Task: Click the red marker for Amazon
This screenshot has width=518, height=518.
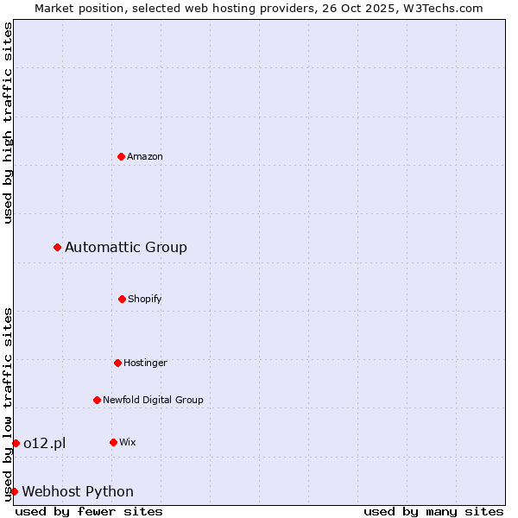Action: point(121,156)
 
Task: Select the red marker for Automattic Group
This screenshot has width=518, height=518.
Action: point(58,248)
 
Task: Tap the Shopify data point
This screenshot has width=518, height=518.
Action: point(122,299)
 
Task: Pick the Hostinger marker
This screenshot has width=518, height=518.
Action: point(117,363)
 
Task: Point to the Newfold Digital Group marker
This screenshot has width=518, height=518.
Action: point(97,400)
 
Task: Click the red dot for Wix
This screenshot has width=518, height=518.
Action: point(113,442)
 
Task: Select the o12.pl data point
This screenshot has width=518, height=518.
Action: point(16,444)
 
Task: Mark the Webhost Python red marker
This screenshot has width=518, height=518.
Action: point(14,491)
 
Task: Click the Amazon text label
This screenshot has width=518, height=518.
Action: point(145,156)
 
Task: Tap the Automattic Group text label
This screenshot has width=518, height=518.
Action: point(126,248)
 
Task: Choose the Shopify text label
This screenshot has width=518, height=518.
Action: point(145,299)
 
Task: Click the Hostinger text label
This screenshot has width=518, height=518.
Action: point(145,363)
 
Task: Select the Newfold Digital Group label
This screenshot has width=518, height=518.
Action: point(153,400)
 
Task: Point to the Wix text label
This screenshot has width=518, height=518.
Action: point(128,442)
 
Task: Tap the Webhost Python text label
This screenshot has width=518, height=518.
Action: point(78,491)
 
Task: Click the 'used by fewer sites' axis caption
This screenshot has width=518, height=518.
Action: point(89,511)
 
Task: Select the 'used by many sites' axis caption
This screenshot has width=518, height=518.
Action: point(433,511)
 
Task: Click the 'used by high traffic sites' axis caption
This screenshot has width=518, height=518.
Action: point(8,123)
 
